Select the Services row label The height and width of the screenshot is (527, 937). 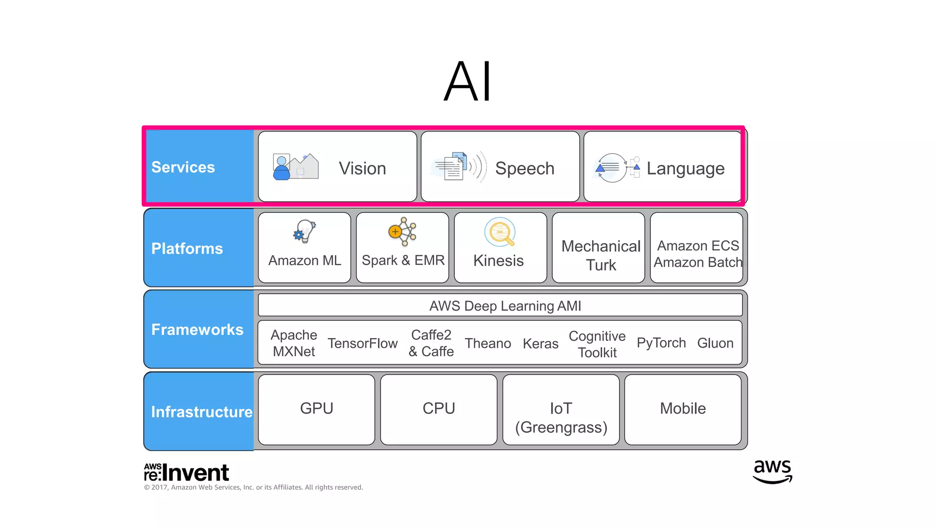pos(183,167)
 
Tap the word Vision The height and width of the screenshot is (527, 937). pos(362,168)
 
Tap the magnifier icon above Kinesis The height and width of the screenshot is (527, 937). pos(500,232)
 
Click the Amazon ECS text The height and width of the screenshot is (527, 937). pos(698,246)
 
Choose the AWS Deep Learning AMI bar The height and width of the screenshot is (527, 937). pos(500,306)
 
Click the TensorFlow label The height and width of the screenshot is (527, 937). pos(362,343)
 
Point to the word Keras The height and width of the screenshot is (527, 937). pos(540,344)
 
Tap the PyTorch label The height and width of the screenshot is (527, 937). pos(661,343)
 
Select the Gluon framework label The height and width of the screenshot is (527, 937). pos(715,343)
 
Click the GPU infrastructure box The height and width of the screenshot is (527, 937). pos(317,409)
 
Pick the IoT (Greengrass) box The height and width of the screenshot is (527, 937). pos(561,417)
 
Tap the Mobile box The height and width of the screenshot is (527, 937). pos(683,409)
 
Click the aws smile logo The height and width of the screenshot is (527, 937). pos(772,472)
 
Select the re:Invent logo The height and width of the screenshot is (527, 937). pos(186,473)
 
